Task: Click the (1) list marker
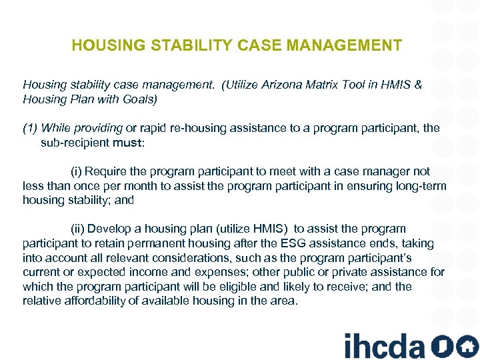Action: [31, 128]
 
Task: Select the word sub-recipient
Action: [75, 142]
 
